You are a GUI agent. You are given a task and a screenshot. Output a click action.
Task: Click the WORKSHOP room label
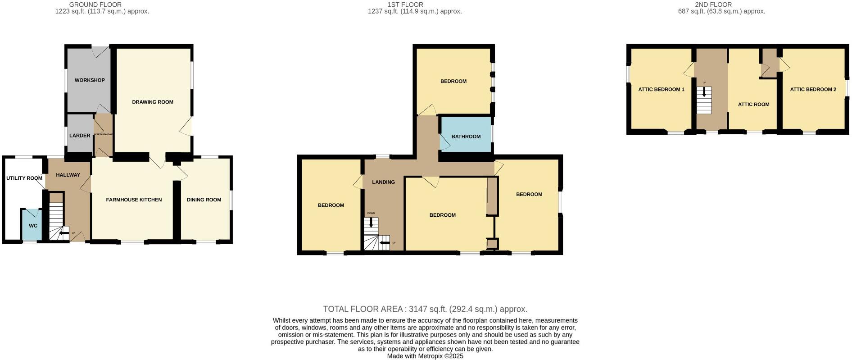click(x=90, y=80)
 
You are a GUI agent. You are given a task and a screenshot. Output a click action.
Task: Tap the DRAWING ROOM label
click(x=153, y=102)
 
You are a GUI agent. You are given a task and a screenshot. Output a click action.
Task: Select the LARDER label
click(x=80, y=136)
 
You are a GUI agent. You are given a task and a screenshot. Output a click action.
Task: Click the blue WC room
click(x=32, y=225)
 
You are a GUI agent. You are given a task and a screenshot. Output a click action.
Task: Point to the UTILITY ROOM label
click(x=24, y=178)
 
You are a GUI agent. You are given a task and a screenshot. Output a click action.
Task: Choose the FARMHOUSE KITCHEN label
click(x=134, y=200)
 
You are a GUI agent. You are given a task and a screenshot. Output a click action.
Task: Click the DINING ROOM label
click(x=204, y=200)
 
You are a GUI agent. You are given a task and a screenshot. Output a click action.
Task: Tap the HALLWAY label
click(x=68, y=175)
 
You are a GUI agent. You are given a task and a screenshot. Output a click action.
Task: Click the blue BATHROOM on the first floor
click(x=466, y=136)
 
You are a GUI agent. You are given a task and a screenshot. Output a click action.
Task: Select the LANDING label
click(x=383, y=182)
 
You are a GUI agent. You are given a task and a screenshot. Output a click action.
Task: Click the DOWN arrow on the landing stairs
click(x=371, y=222)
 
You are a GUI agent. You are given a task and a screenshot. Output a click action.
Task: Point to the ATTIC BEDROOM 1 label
click(x=661, y=89)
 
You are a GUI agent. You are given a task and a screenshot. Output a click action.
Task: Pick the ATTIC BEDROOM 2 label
click(x=813, y=89)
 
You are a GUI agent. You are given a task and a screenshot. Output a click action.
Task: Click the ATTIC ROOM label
click(x=753, y=104)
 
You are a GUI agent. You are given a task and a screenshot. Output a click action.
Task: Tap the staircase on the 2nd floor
click(x=704, y=101)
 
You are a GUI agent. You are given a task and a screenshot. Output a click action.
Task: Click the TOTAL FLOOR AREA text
click(x=425, y=309)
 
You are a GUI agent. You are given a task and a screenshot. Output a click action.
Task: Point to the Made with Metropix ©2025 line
click(x=425, y=356)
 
